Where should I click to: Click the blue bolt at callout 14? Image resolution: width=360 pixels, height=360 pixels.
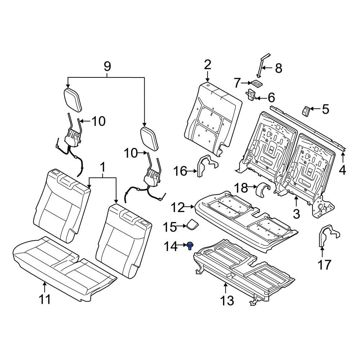[x=189, y=246]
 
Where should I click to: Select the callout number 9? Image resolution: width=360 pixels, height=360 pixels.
[x=107, y=67]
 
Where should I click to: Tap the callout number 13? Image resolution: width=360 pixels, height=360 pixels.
[x=227, y=300]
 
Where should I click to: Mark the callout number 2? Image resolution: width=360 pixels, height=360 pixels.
[x=207, y=65]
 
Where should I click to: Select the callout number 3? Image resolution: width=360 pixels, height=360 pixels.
[x=296, y=214]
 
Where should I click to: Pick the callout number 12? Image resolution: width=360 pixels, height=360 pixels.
[x=177, y=207]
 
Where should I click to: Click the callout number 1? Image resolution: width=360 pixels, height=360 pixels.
[x=103, y=168]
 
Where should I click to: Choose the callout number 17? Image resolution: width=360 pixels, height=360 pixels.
[x=324, y=265]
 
